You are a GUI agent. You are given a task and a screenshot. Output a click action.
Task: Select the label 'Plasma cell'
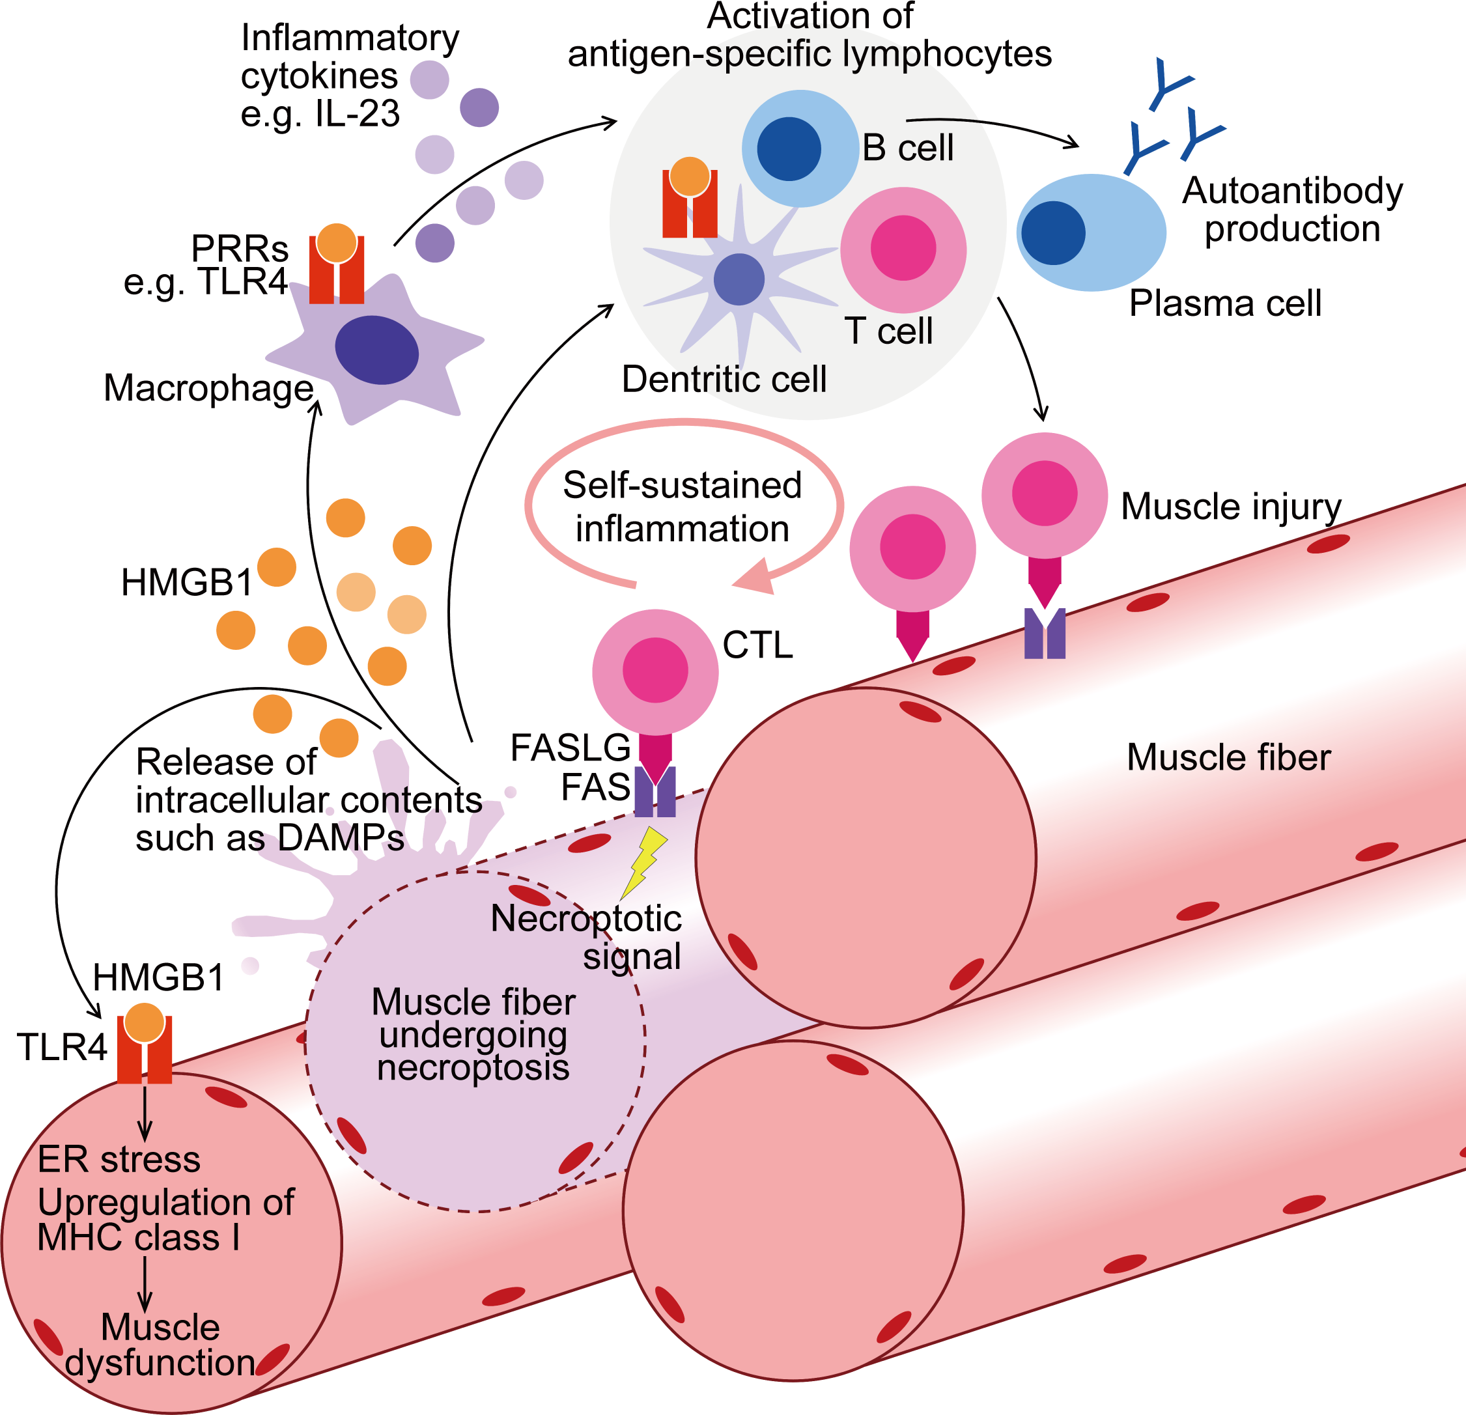click(1225, 303)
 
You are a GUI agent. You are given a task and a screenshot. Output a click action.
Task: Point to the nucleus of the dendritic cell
click(739, 279)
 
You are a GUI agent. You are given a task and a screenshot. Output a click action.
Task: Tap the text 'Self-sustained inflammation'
click(682, 507)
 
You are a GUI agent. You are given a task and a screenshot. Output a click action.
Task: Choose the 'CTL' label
click(757, 645)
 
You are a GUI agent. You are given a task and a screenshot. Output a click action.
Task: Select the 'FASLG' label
click(570, 747)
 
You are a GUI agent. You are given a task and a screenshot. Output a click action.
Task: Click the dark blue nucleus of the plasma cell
click(1053, 233)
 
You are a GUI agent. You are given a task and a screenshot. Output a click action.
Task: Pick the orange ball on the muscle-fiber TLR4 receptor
click(145, 1022)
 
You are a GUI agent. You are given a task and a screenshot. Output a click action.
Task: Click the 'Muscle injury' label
click(1230, 507)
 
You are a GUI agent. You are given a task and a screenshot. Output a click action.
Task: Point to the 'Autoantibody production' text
click(1291, 210)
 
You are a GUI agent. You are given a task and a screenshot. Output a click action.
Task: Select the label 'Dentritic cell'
click(724, 379)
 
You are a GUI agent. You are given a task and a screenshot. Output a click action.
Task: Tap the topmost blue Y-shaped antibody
click(1169, 82)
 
